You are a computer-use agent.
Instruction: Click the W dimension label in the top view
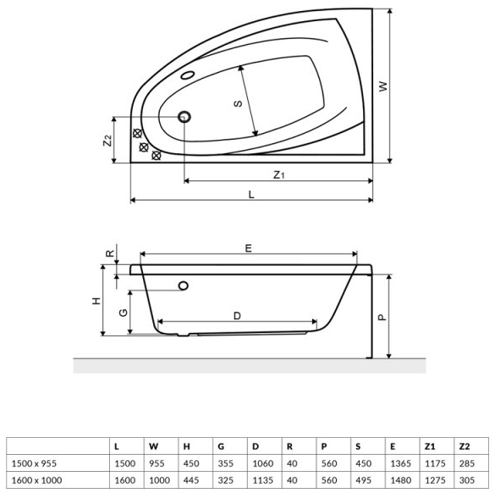(x=382, y=86)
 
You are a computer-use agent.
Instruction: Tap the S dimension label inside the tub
(x=239, y=103)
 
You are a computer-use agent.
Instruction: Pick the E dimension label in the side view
(x=249, y=247)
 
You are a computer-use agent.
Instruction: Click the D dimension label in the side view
(x=238, y=316)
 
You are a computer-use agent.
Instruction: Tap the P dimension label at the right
(x=382, y=316)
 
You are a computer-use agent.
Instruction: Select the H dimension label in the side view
(x=96, y=301)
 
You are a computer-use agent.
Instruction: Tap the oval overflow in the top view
(x=187, y=74)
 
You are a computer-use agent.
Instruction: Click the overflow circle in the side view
(x=183, y=285)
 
